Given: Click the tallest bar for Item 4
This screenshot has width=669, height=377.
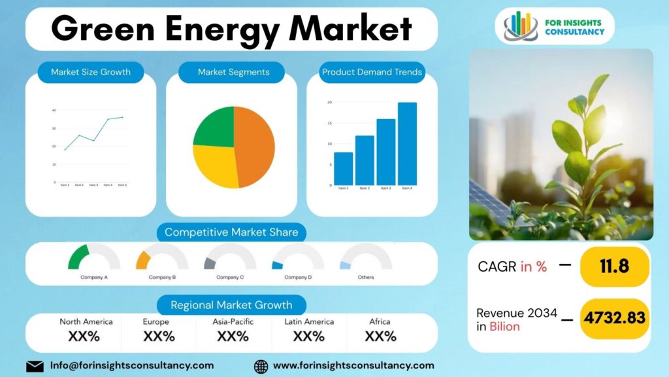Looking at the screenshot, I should (407, 144).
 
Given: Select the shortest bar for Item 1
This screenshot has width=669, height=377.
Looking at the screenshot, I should (343, 169).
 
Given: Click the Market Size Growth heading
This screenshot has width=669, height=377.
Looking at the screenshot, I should (91, 72).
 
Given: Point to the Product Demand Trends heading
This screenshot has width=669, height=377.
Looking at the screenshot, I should (372, 72).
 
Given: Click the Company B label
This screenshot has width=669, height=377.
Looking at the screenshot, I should (162, 277).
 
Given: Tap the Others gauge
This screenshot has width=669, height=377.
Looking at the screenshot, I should (366, 258).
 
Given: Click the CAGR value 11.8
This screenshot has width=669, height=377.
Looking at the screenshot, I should (614, 266).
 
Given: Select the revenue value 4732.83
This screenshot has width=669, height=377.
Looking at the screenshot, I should (614, 318).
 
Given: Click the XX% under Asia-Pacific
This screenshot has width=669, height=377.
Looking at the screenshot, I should (233, 336).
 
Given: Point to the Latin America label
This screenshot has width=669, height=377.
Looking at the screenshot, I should (309, 321).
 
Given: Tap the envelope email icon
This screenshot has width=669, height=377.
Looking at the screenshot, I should (35, 366).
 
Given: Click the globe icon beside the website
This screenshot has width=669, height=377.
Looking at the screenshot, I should (261, 366).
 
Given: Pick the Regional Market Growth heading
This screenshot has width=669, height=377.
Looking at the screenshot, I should (231, 305).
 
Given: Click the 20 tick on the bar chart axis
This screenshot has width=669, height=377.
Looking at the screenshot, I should (329, 103).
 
